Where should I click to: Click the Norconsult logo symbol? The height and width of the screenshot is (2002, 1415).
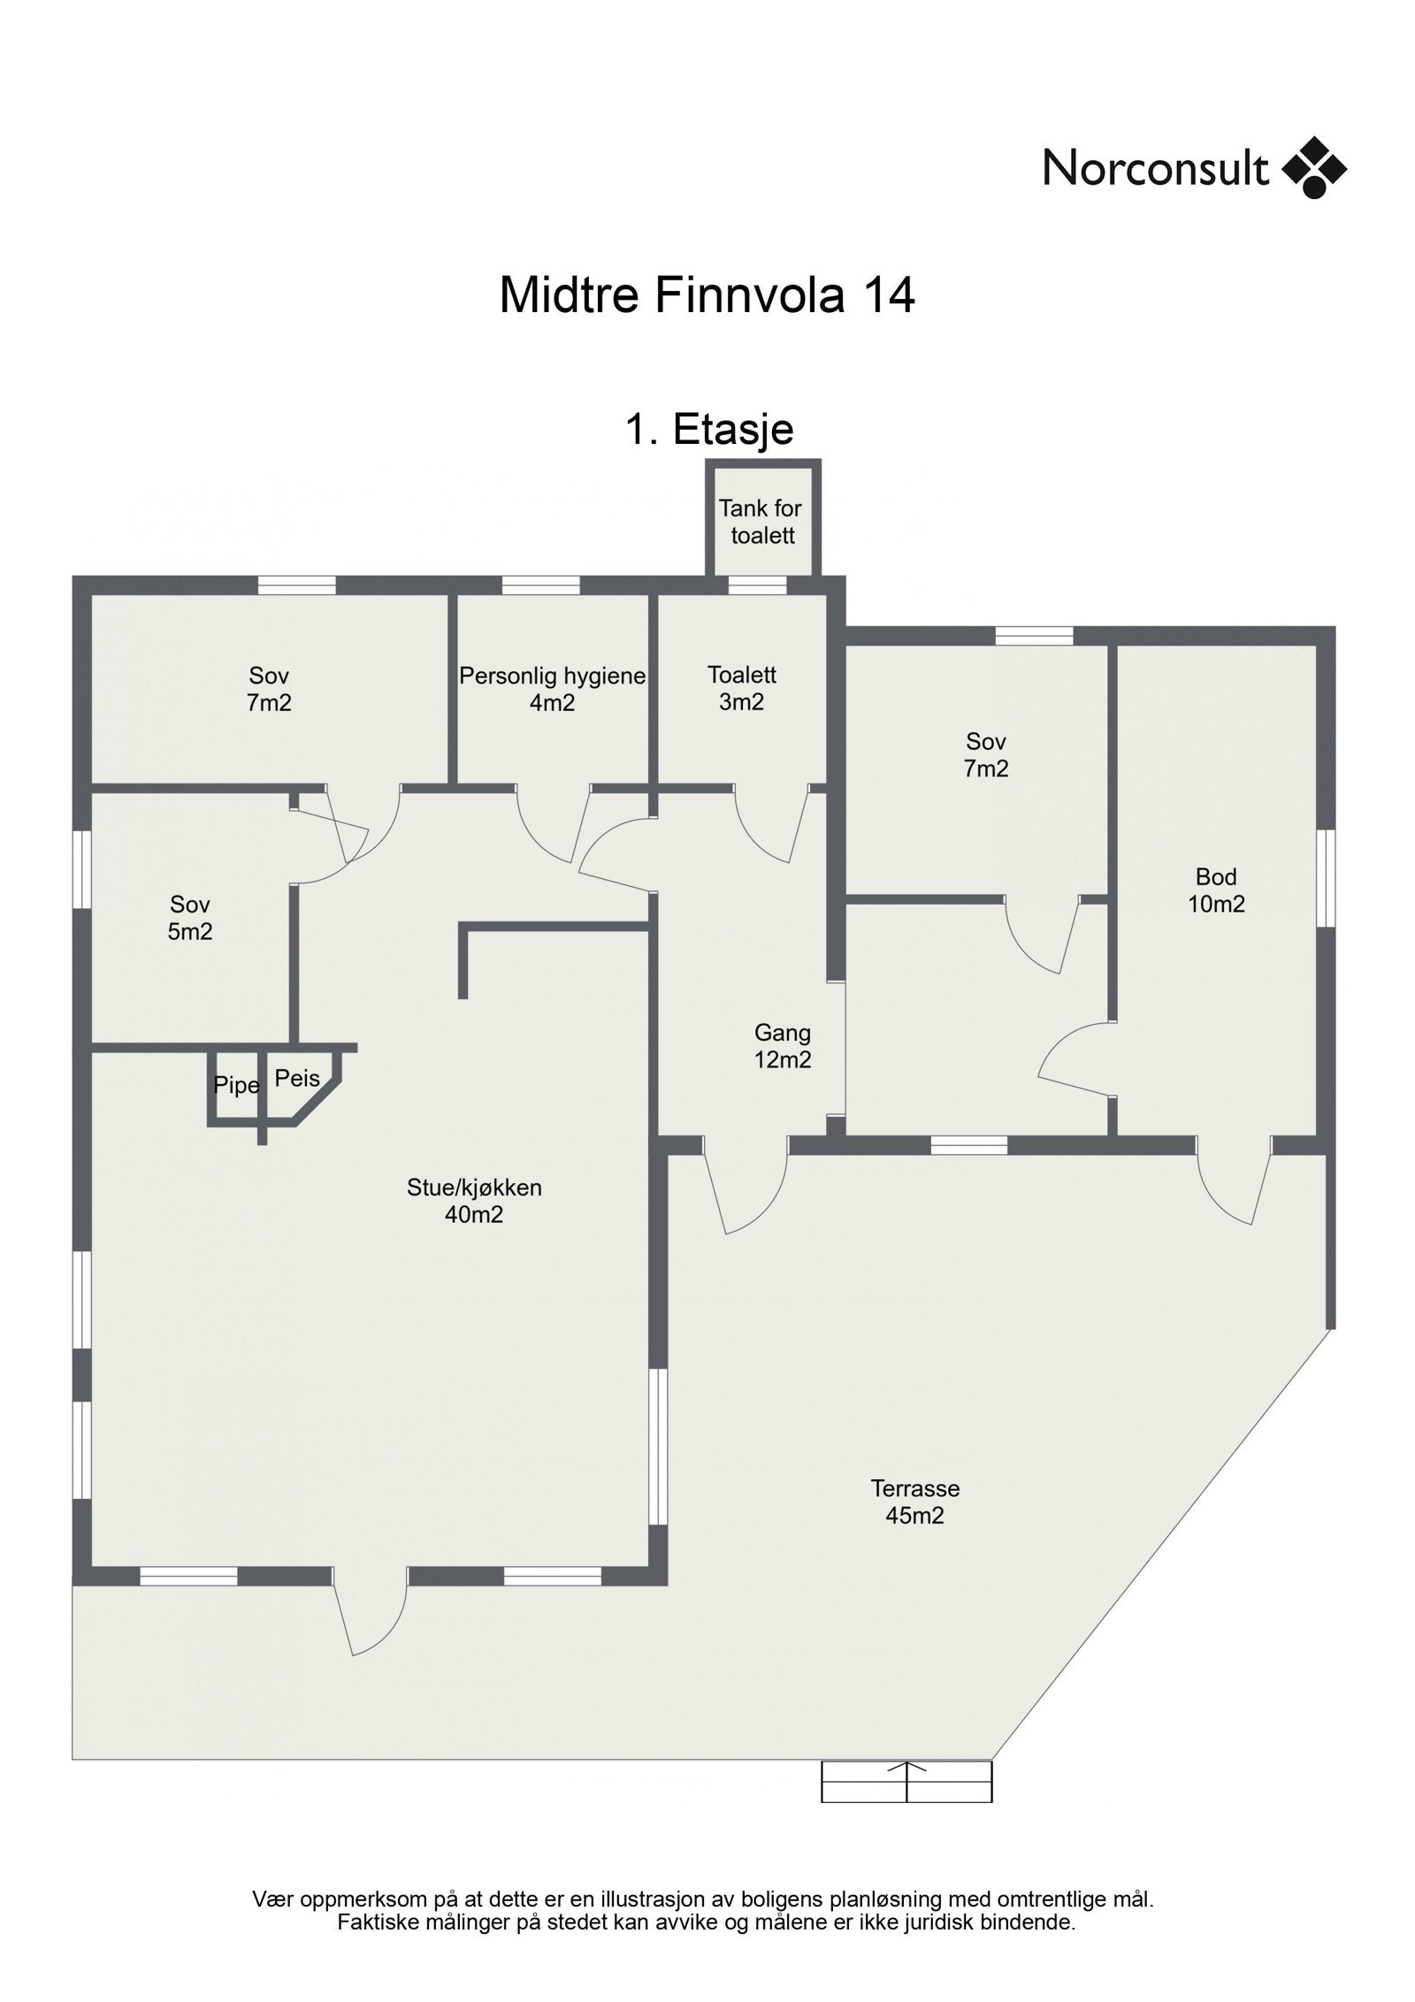[x=1313, y=167]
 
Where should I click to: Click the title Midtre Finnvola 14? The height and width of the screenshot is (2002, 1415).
[x=707, y=294]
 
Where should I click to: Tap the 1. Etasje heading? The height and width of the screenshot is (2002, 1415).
[x=709, y=430]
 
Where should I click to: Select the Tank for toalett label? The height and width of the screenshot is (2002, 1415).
[x=761, y=522]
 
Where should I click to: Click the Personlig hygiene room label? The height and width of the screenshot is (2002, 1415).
[x=552, y=689]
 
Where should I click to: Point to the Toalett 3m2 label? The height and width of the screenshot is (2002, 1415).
[x=741, y=688]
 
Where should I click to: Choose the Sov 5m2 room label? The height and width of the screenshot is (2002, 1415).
[x=190, y=917]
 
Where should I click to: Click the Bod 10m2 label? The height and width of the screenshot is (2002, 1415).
[x=1216, y=890]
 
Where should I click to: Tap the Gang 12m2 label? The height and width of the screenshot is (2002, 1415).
[x=782, y=1045]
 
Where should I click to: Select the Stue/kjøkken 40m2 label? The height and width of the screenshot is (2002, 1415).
[x=474, y=1201]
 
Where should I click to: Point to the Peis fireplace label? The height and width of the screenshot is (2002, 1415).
[x=297, y=1078]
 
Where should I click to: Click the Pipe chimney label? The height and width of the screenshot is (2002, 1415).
[x=236, y=1085]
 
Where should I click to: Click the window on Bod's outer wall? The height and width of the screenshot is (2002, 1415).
[x=1325, y=877]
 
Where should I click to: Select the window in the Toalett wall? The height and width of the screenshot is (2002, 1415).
[x=757, y=585]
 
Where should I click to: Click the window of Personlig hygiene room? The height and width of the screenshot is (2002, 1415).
[x=540, y=585]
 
